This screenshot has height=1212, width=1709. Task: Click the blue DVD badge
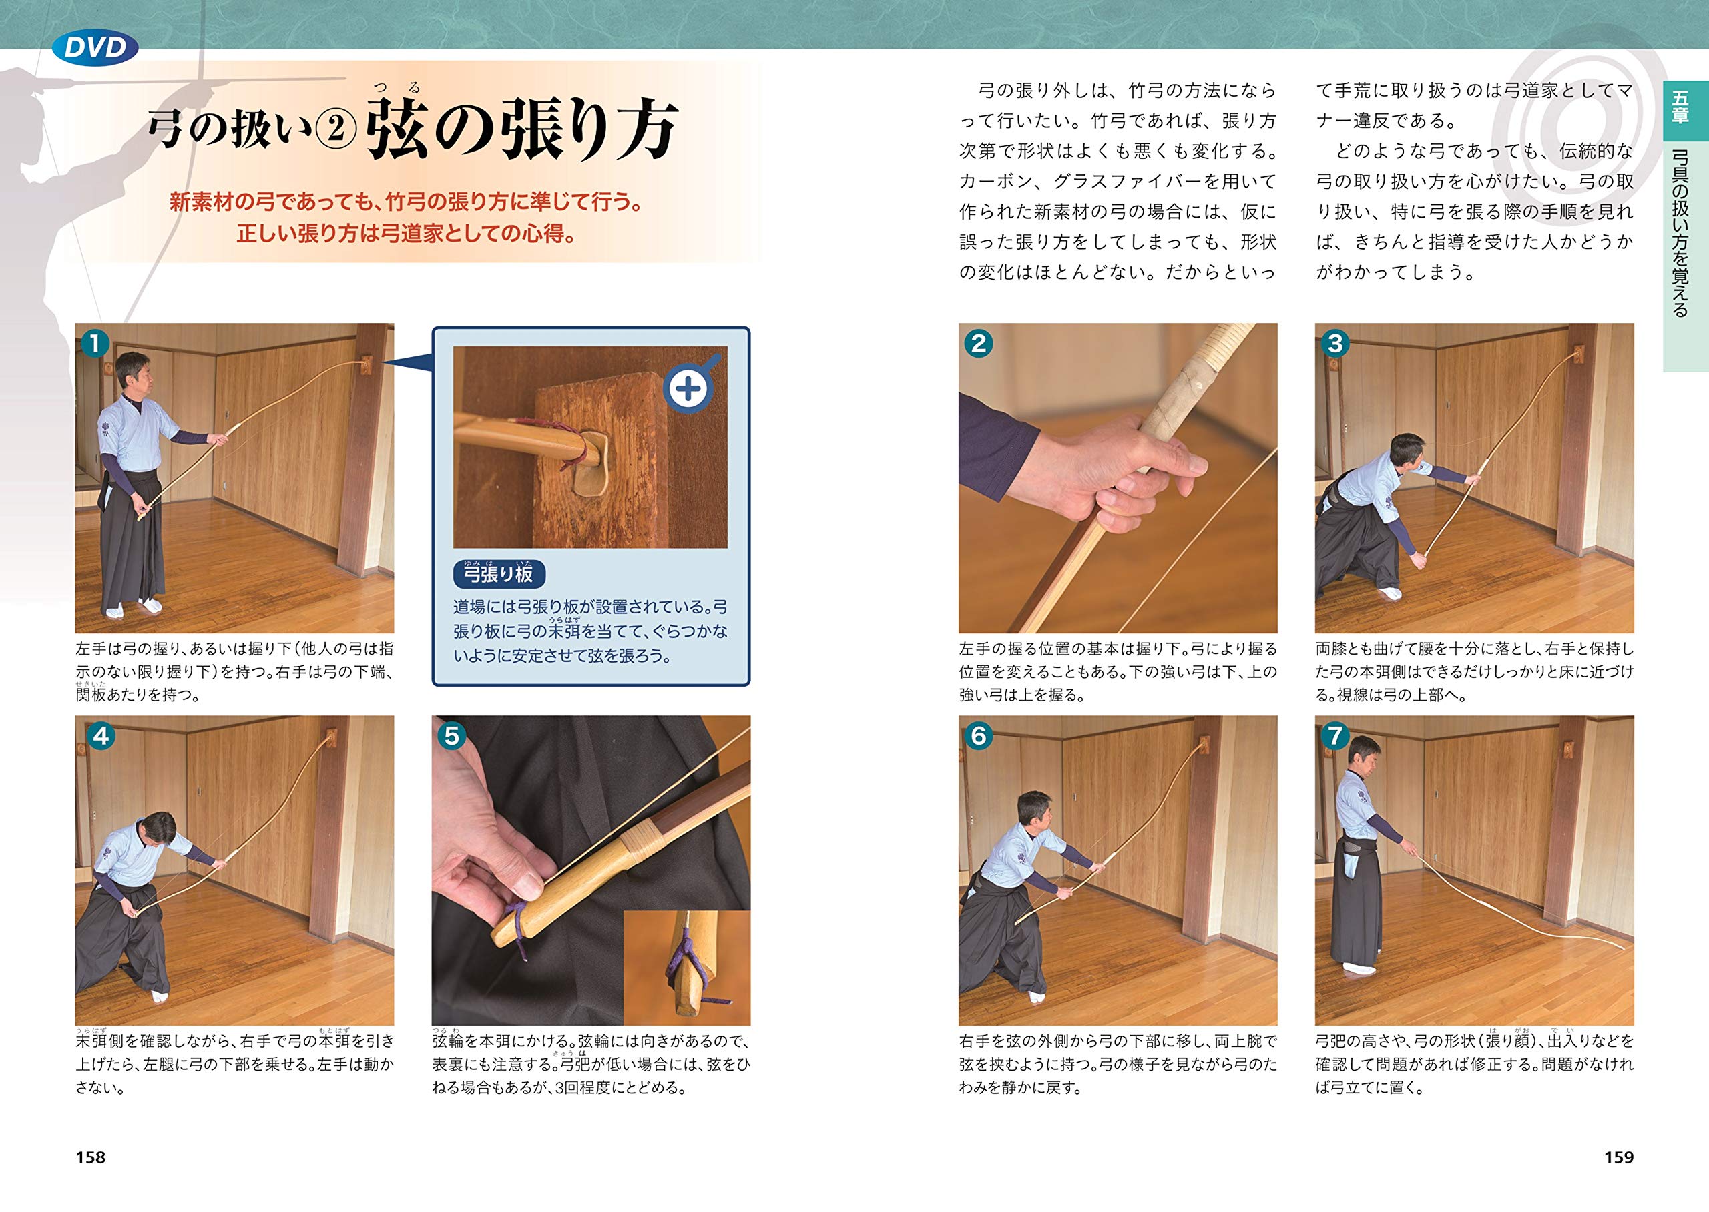pos(95,48)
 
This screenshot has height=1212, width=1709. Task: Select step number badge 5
pos(451,736)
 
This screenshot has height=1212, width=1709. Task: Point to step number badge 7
pos(1335,736)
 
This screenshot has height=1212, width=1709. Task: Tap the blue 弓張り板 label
pos(499,573)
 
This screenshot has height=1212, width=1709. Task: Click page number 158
pos(90,1157)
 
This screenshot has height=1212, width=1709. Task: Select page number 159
pos(1619,1157)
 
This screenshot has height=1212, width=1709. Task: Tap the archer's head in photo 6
pos(1033,810)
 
